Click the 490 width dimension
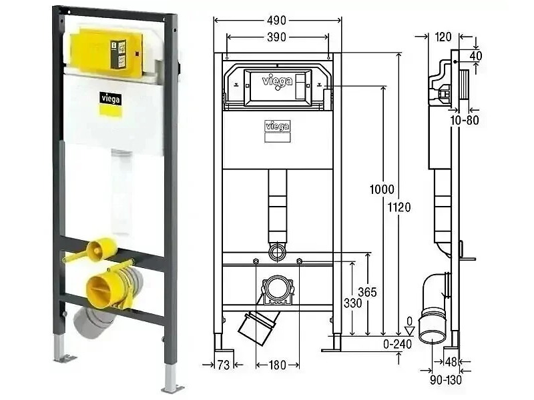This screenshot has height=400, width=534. coord(276,21)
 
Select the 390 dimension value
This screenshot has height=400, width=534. coord(276,37)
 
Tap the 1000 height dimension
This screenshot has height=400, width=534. coord(382,189)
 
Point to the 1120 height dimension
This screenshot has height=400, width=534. coord(399,207)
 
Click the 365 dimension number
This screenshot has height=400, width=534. coord(367,292)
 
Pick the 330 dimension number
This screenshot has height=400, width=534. coord(352,303)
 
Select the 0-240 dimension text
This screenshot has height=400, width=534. coord(397,344)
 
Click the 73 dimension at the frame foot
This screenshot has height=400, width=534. coord(224,365)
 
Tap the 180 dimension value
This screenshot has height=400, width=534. coord(277,365)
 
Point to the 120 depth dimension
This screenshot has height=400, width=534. coord(443,37)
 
